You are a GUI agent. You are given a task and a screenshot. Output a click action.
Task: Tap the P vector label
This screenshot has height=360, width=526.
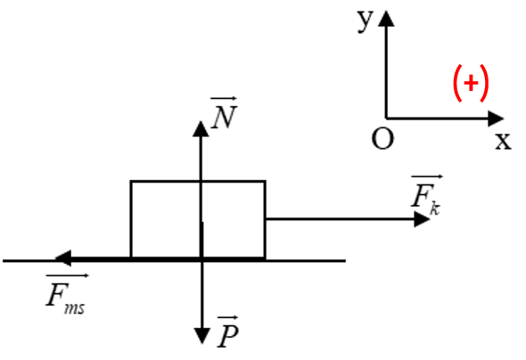coord(228,331)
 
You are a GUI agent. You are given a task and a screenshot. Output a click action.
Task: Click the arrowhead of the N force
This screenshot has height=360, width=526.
coord(201,128)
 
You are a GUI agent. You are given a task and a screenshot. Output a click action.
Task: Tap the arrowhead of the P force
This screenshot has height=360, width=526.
coord(202,336)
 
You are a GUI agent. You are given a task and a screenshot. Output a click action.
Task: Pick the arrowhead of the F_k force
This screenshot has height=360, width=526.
coord(422,219)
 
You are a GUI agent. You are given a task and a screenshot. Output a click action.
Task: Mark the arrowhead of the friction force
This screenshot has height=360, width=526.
coord(63,258)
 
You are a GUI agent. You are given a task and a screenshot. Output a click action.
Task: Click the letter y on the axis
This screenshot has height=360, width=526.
coord(365,20)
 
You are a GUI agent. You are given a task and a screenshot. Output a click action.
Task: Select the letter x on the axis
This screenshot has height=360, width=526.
coord(503,141)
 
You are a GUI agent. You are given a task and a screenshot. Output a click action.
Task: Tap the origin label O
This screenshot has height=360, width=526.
coord(382,139)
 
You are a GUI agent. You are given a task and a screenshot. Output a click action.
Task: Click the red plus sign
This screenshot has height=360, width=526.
coord(471,83)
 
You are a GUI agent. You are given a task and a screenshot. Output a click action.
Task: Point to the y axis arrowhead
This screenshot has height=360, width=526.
coord(386,19)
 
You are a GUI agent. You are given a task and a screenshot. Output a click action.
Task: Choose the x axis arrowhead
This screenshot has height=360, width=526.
coord(496,119)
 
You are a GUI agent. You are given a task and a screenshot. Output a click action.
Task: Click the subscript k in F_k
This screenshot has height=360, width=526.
coord(435,209)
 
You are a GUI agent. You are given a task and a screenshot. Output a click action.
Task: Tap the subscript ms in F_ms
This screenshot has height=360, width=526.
coord(75,308)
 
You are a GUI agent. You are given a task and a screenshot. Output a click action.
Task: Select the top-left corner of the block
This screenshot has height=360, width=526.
coord(131,182)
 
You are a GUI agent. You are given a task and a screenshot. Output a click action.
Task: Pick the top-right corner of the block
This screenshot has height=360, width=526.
coord(265,182)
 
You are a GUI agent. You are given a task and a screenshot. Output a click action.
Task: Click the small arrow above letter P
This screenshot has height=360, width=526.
coord(227,317)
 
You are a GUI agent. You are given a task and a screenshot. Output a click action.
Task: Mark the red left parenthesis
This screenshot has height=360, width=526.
coord(457,83)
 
